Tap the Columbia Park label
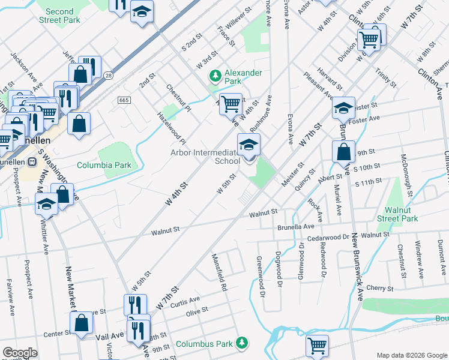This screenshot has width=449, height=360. pos(104,164)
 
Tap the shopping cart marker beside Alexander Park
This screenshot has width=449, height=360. pos(231,104)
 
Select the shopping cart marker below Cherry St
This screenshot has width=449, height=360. pos(318,346)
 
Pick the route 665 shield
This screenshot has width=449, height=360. pos(124,100)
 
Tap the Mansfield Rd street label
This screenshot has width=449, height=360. pos(219,272)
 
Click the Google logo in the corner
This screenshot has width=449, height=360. pos(19,353)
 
